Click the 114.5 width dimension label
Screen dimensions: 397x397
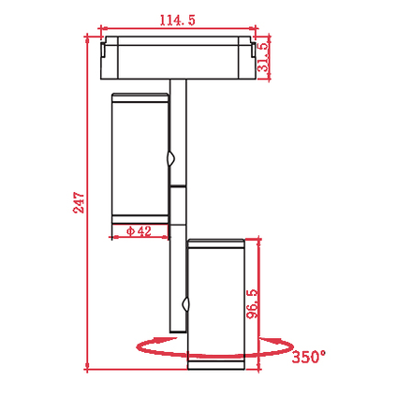tap(177, 21)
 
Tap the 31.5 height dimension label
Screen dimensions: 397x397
tap(262, 57)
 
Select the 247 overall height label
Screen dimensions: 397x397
tap(79, 203)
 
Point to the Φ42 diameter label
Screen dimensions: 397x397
tap(139, 231)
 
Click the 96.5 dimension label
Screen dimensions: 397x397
tap(252, 303)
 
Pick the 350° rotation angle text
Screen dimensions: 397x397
tap(309, 357)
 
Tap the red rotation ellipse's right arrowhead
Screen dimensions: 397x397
tap(271, 340)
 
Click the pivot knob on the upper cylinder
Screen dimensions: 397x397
tap(170, 158)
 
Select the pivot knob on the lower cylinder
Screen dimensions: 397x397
tap(186, 304)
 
